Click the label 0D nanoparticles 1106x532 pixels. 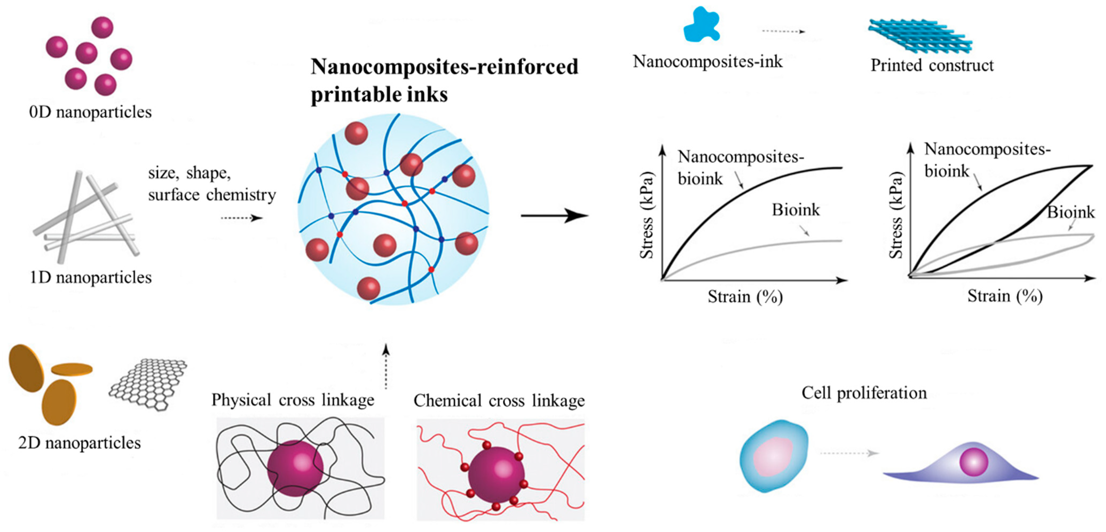coord(90,112)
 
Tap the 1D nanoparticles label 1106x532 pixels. coord(90,277)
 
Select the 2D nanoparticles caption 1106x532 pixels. coord(80,443)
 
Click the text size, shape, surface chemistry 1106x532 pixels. coord(212,184)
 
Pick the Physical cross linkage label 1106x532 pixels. coord(293,400)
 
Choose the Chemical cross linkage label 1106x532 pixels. coord(499,401)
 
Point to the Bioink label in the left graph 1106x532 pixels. coord(796,210)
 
